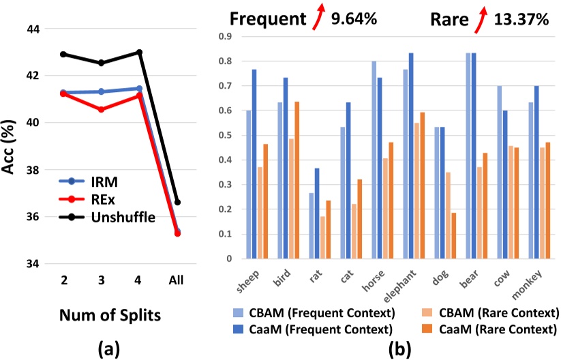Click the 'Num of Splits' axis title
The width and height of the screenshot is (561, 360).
click(104, 316)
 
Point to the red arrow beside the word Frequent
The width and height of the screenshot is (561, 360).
click(317, 18)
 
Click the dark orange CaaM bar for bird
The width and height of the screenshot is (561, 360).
click(298, 180)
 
